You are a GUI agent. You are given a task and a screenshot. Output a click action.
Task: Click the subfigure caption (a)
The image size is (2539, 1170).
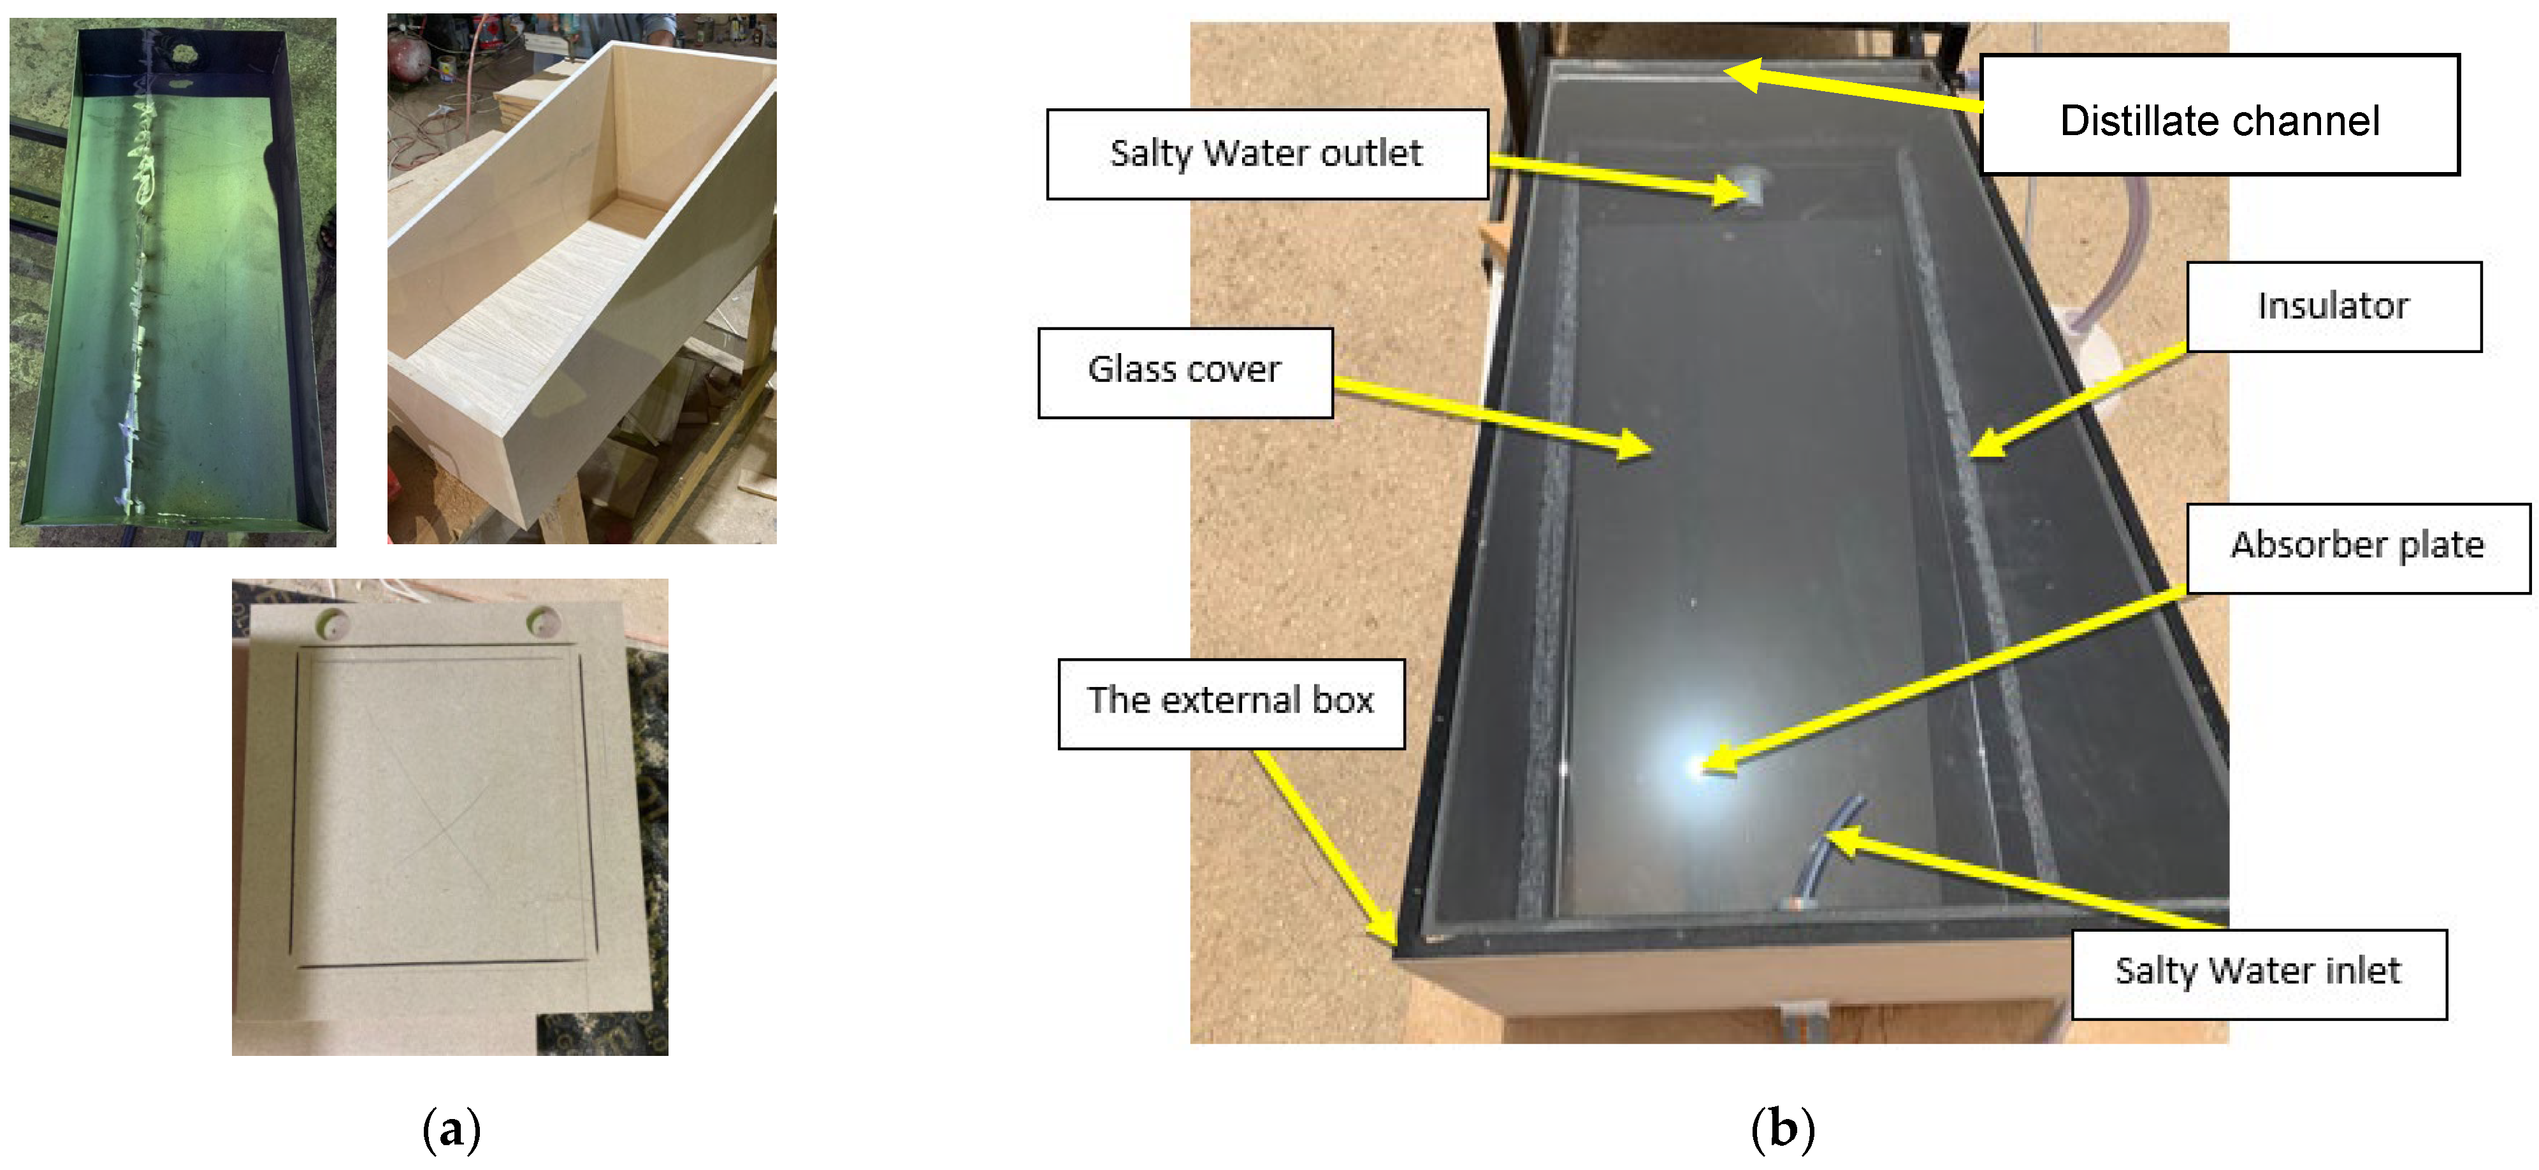451,1130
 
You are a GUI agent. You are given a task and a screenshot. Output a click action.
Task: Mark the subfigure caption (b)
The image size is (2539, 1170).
1782,1130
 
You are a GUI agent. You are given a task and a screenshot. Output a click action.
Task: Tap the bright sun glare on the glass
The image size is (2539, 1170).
1699,764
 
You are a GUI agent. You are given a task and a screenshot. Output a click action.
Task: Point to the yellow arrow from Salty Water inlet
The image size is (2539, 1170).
2020,879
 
